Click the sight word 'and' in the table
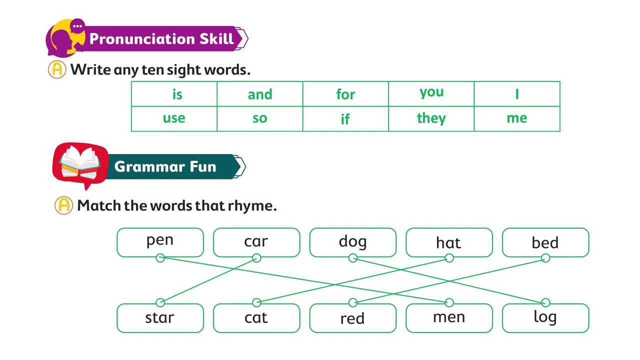[259, 94]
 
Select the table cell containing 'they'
[431, 119]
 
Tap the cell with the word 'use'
[174, 119]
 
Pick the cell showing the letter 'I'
[517, 94]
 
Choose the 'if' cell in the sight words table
[345, 119]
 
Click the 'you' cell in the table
[431, 94]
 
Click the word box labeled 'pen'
[160, 242]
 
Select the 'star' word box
[160, 318]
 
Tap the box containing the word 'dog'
[353, 242]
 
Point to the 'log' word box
[545, 318]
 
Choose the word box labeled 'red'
[353, 318]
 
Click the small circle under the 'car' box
[256, 258]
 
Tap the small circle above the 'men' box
[449, 302]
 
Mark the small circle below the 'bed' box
[545, 258]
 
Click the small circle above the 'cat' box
[256, 302]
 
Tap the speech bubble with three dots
[77, 26]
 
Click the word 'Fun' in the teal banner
[203, 166]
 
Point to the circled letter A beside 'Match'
[63, 205]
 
